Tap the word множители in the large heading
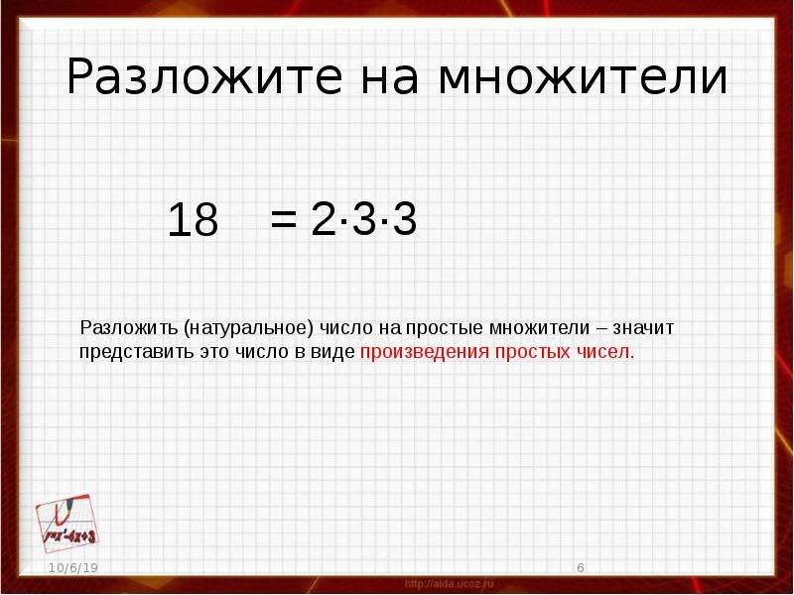583,78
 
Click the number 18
193,219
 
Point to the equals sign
283,219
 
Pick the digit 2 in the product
324,218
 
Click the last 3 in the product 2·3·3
405,218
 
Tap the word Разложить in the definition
129,328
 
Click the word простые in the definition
444,328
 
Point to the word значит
643,328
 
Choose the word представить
137,352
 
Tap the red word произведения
425,352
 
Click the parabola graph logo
66,524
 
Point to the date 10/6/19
73,567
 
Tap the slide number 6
581,567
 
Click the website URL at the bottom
450,584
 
